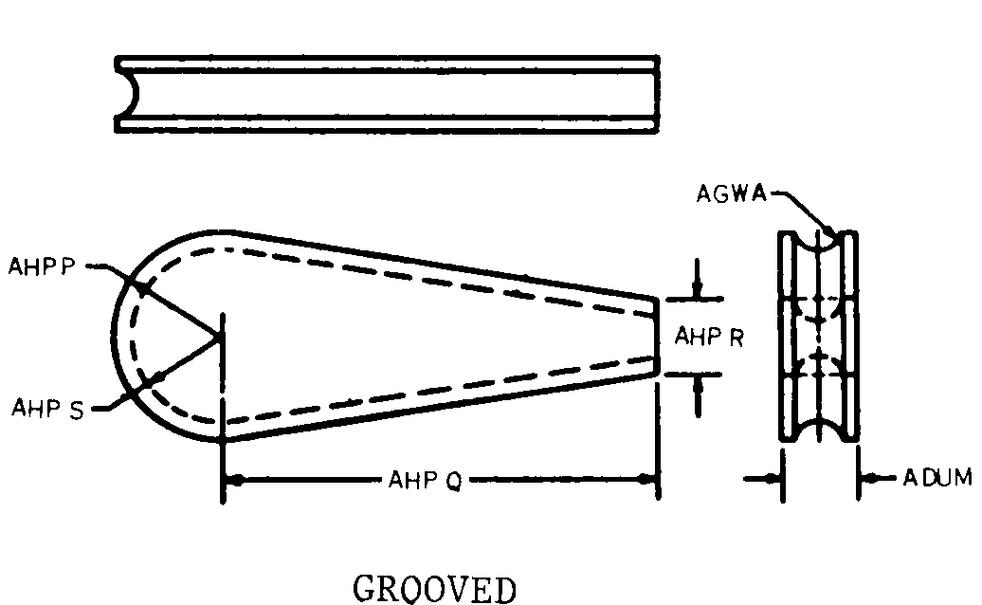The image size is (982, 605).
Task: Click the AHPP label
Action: tap(42, 266)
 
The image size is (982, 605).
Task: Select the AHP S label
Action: tap(47, 409)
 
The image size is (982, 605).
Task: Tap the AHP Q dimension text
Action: tap(426, 481)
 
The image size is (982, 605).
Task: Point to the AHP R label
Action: tap(709, 337)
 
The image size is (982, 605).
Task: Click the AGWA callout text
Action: tap(732, 193)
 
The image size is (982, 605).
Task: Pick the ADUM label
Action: tap(937, 477)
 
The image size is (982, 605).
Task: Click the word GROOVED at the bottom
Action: tap(435, 589)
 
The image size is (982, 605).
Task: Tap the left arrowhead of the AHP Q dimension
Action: tap(234, 481)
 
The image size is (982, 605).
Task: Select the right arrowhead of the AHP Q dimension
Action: tap(646, 479)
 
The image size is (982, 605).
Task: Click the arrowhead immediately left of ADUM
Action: tap(867, 479)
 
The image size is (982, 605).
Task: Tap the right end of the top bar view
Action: tap(657, 94)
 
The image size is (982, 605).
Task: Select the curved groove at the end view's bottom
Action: tap(819, 429)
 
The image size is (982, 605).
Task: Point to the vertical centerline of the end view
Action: tap(818, 336)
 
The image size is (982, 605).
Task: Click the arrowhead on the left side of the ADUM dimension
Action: tap(773, 479)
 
